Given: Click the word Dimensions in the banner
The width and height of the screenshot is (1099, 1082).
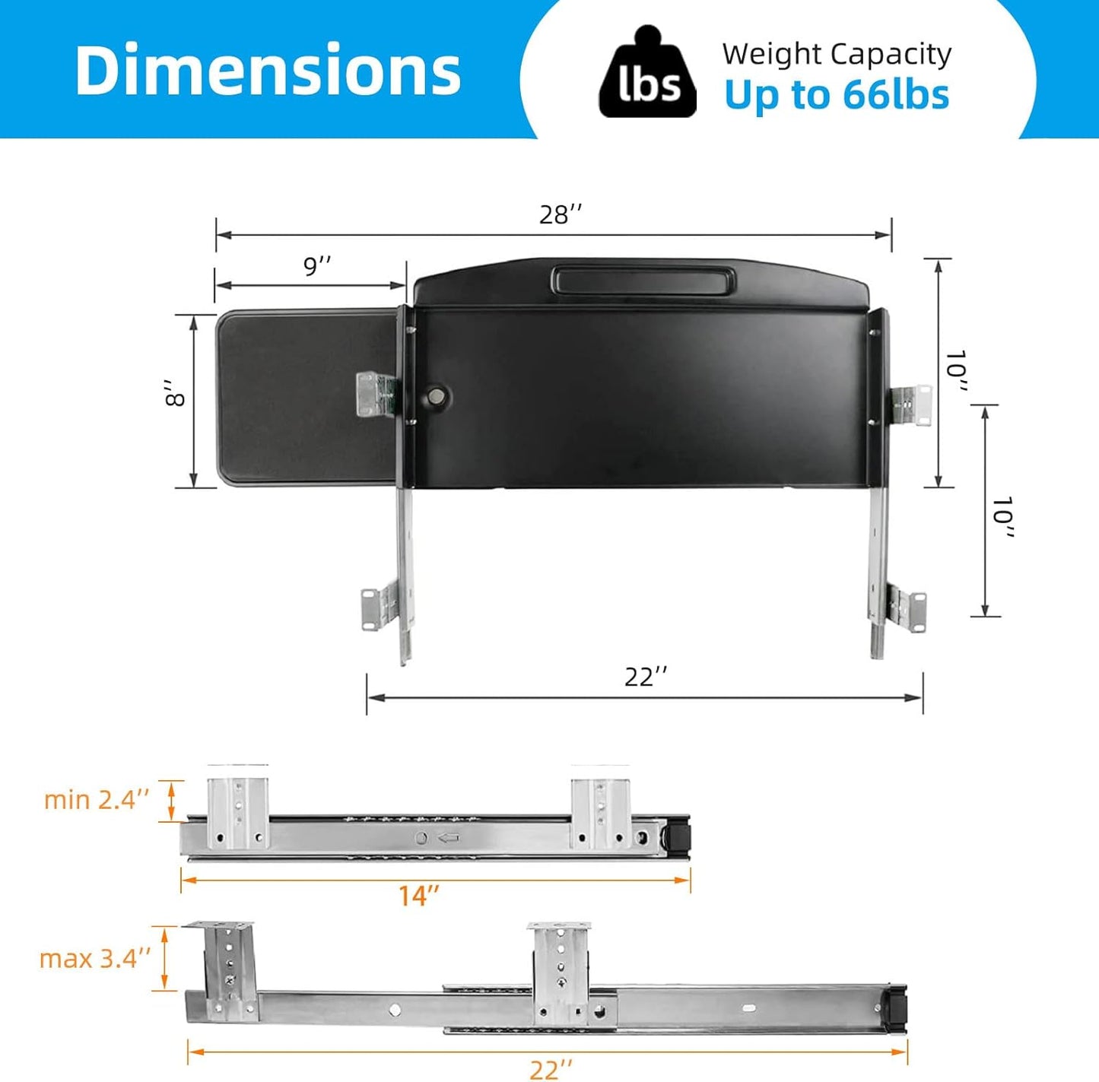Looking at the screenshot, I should [x=268, y=70].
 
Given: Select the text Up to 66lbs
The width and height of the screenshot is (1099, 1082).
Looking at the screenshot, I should [x=837, y=95].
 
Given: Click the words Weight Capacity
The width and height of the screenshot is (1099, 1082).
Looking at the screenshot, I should [x=837, y=54].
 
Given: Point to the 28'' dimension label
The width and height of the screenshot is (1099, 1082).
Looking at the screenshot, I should [x=561, y=215].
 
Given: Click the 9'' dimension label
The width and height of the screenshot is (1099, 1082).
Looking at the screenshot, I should [x=317, y=266].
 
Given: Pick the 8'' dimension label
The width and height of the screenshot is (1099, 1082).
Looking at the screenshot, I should [x=176, y=394].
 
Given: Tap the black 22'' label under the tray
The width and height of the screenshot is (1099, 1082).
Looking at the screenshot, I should [x=646, y=676].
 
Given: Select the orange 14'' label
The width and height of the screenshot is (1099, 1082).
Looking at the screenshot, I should [x=419, y=896].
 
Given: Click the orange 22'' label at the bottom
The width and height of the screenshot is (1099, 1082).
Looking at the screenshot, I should [x=550, y=1069].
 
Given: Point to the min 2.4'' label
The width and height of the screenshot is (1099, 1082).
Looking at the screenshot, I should [x=97, y=800].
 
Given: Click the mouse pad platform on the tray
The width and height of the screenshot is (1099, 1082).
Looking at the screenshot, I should [x=304, y=395].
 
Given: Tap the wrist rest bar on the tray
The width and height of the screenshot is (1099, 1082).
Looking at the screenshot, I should [x=643, y=280].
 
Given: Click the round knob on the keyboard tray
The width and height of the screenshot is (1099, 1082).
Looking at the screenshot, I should [x=437, y=395].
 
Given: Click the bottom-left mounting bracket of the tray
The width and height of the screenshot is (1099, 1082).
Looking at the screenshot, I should [x=378, y=608].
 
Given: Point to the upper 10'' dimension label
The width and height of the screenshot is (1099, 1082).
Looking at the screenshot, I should [x=955, y=373].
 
